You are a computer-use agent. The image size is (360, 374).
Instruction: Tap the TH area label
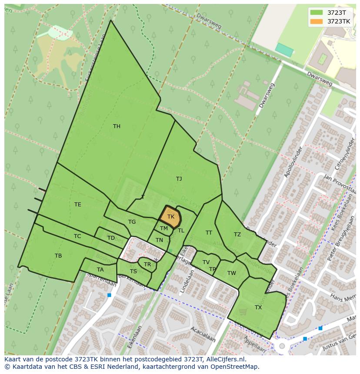tap(117, 126)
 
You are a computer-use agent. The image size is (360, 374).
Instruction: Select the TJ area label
tap(179, 179)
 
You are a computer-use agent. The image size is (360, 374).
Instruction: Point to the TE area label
tap(77, 205)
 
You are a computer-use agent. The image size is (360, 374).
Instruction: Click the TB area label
tap(58, 256)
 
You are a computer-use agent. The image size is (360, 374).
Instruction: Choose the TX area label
tap(258, 308)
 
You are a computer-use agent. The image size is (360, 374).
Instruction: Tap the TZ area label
tap(237, 235)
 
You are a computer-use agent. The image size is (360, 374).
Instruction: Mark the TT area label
tap(209, 233)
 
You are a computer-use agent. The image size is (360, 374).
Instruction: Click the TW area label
tap(231, 273)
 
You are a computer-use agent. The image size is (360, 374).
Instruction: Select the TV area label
tap(206, 262)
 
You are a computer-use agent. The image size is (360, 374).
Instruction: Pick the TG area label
tap(132, 222)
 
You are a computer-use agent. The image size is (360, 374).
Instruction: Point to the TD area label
tap(111, 238)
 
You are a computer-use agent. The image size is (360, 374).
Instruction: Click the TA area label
tap(100, 270)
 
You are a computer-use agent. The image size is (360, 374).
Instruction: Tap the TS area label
tap(133, 271)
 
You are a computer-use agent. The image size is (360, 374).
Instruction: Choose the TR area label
tap(147, 265)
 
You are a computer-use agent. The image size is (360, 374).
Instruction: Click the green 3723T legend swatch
tap(317, 13)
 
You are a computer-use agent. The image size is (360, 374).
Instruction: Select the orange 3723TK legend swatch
tap(317, 21)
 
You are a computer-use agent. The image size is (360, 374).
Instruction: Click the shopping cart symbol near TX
tap(245, 308)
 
